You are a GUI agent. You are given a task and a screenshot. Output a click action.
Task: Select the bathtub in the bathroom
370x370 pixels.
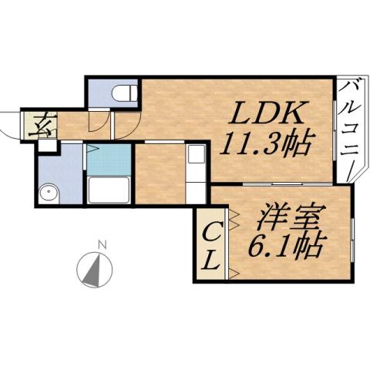click(x=108, y=189)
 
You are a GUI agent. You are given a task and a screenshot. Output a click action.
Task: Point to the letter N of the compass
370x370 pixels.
click(x=101, y=245)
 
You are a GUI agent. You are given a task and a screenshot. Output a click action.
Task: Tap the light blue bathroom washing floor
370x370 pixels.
click(x=108, y=160)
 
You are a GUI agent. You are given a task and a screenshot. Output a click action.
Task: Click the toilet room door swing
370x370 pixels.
click(x=99, y=122)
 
